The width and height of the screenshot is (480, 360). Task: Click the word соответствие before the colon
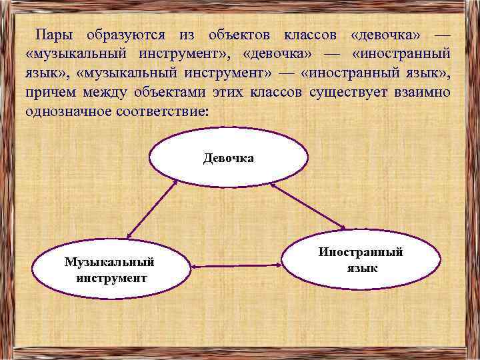click(x=161, y=110)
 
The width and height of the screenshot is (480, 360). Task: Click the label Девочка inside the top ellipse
click(x=229, y=159)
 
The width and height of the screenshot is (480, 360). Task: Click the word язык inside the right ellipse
click(x=362, y=267)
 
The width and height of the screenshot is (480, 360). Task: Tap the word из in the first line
click(x=187, y=34)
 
